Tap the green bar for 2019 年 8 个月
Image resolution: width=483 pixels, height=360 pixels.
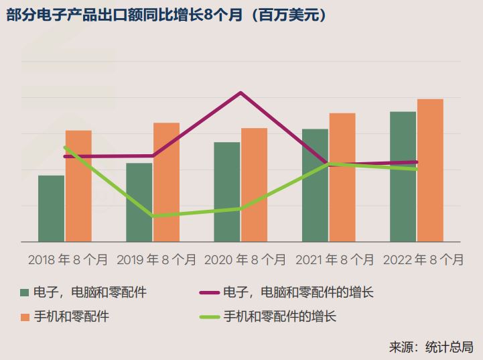tap(139, 202)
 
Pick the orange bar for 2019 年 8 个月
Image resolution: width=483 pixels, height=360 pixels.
tap(166, 182)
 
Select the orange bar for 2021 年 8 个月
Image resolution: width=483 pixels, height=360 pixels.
tap(342, 177)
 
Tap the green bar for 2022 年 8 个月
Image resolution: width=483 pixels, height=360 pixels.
tap(403, 176)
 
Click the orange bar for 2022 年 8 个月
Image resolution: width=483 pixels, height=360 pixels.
tap(430, 170)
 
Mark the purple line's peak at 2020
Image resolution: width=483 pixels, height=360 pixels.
tap(240, 93)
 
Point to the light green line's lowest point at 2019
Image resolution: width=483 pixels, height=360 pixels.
tap(153, 216)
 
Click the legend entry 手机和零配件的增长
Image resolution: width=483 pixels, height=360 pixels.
tap(279, 316)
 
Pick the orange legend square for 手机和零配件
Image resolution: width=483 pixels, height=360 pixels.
tap(25, 316)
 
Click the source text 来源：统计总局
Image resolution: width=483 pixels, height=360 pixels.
tap(431, 347)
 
